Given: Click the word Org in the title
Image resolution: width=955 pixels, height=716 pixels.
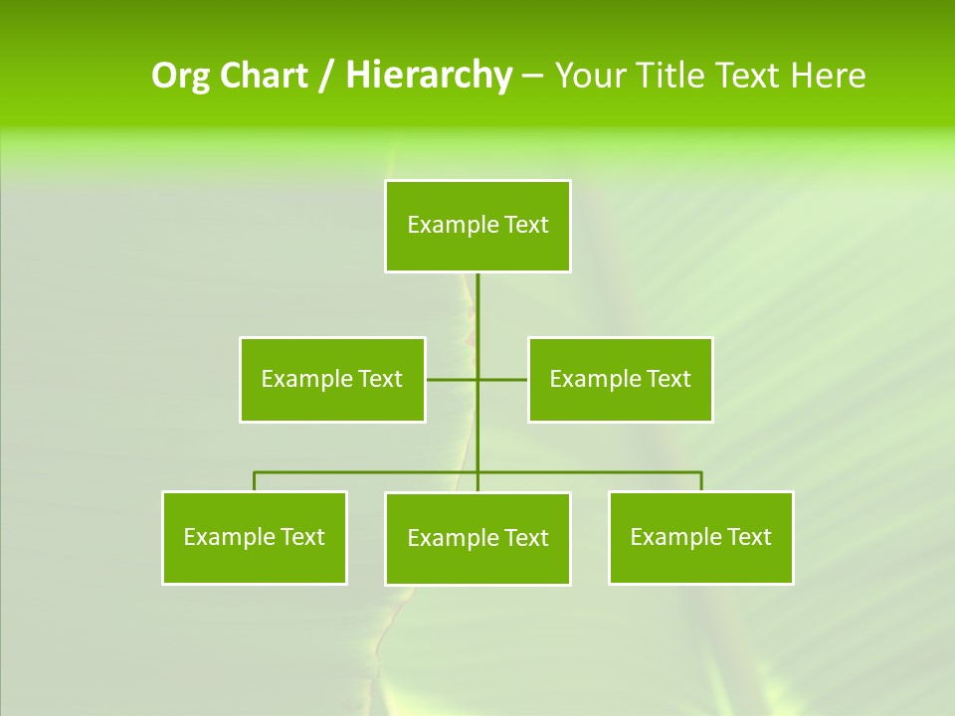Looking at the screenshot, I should tap(179, 76).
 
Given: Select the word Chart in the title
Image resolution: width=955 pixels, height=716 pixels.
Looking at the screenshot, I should tap(262, 76).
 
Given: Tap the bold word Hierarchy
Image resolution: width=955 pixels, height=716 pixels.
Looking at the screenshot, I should tap(428, 76).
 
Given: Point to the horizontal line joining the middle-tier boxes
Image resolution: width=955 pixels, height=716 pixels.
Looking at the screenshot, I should tap(453, 379).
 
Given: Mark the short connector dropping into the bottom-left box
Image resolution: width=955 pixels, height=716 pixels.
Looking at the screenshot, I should tap(255, 481).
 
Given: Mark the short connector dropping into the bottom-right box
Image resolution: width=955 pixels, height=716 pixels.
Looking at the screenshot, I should tap(701, 481).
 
